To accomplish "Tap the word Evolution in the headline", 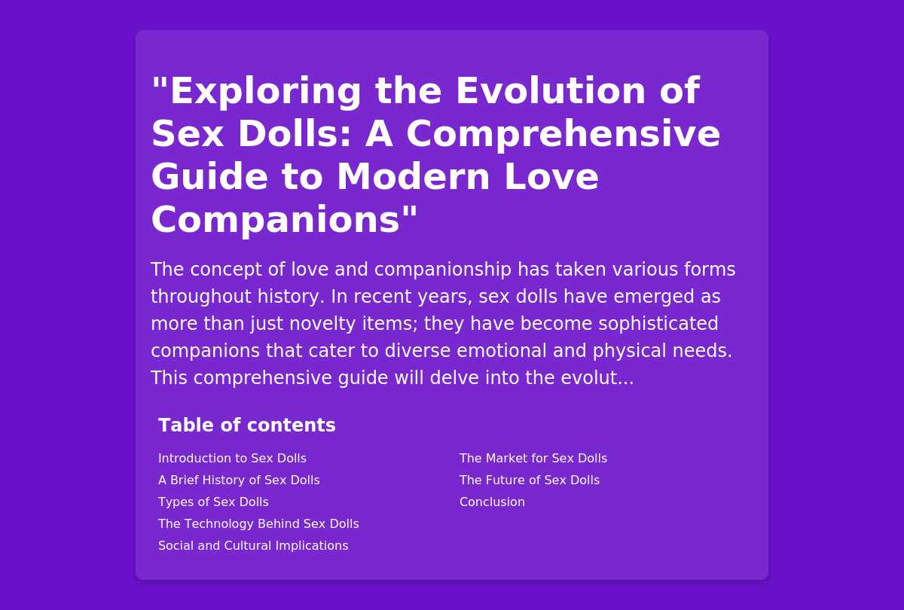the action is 551,91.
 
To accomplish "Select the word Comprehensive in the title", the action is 563,135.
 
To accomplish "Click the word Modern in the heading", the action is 414,178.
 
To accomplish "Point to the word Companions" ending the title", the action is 284,221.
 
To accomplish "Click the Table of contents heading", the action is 247,425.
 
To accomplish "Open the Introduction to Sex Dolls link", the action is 233,459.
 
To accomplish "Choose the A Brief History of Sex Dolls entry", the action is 239,480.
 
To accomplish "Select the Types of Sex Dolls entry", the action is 213,502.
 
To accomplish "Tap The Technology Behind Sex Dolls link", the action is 258,523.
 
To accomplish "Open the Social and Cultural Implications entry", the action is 253,545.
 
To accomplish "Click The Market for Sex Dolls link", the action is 533,459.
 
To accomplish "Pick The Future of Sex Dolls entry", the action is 530,480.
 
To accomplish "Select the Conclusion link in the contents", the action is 492,502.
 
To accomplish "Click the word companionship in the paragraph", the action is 443,270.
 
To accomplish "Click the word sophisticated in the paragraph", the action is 658,324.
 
